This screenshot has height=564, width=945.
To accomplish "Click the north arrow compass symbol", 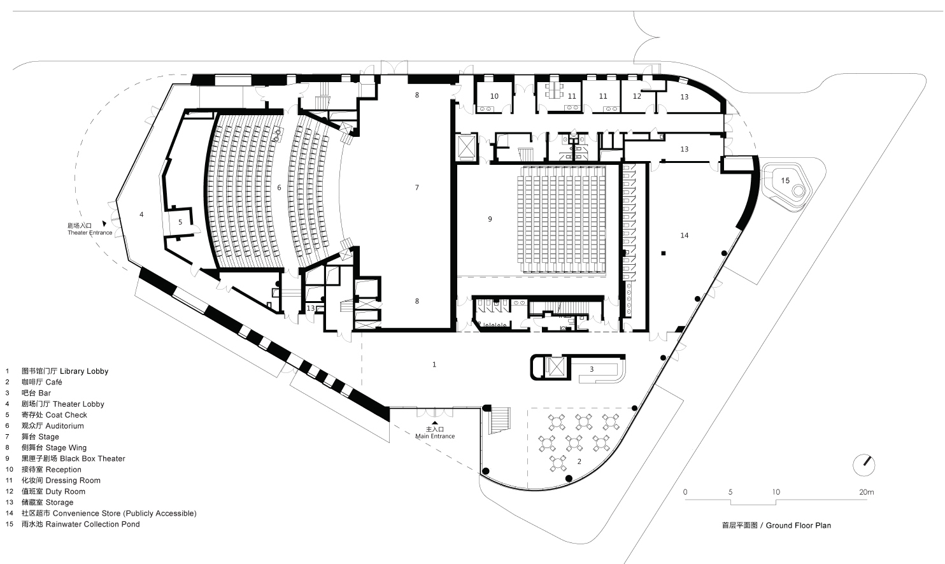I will coord(864,464).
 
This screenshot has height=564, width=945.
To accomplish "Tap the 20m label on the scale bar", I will coord(866,492).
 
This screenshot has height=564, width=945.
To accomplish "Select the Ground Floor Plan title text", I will coord(776,525).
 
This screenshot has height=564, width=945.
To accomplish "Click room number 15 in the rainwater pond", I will coord(785,181).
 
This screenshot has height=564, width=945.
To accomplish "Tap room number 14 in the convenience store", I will coord(684,236).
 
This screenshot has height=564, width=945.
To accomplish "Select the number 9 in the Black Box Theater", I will coord(490,219).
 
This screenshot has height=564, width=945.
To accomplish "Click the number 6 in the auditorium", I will coord(279,188).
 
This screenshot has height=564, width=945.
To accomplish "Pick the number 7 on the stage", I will coord(417,187).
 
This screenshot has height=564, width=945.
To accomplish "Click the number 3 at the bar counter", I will coord(591,369).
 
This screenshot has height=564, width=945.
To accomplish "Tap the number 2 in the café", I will coord(579,461).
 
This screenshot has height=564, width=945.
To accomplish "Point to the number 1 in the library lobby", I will coord(434,365).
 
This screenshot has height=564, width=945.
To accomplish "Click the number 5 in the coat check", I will coord(180,222).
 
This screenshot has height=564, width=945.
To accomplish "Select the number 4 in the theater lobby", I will coord(141,215).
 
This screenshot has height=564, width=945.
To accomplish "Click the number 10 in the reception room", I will coord(494,97).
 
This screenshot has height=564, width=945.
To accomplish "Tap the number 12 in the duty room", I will coord(637,97).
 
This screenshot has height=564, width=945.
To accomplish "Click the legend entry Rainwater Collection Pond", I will coord(80,524).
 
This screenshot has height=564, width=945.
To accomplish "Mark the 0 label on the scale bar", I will coord(685,492).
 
